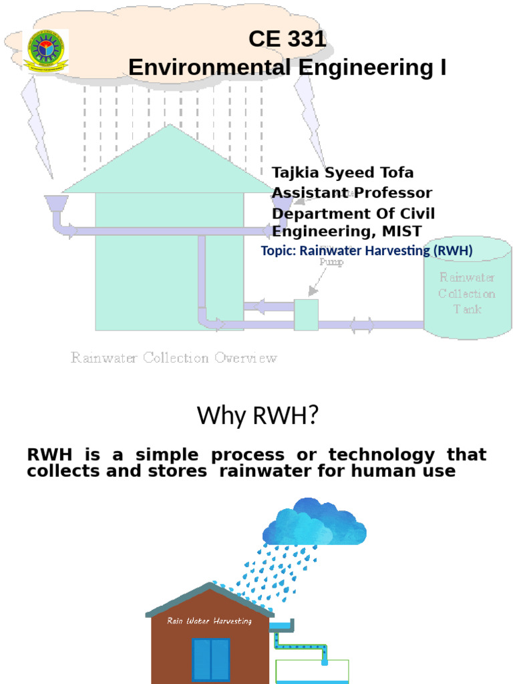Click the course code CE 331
pyautogui.click(x=287, y=39)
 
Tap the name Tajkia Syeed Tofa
pyautogui.click(x=343, y=173)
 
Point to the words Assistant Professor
pyautogui.click(x=352, y=193)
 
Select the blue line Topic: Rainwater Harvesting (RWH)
pyautogui.click(x=367, y=251)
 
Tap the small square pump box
pyautogui.click(x=306, y=315)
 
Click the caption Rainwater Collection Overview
pyautogui.click(x=174, y=358)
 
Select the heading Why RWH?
pyautogui.click(x=256, y=417)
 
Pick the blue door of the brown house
pyautogui.click(x=210, y=660)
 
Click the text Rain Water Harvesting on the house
pyautogui.click(x=210, y=621)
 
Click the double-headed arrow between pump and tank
pyautogui.click(x=362, y=325)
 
